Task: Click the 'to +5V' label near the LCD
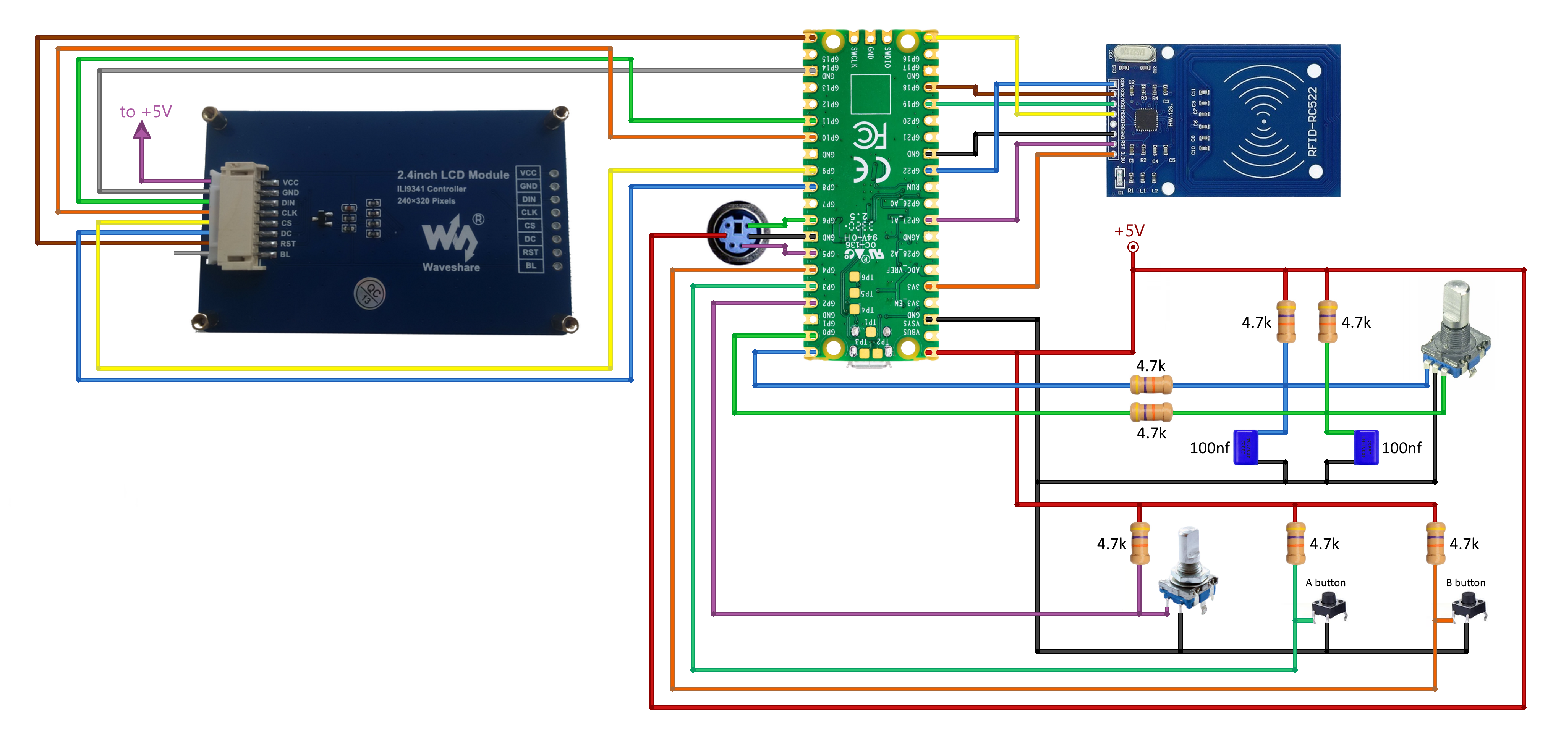[x=146, y=112]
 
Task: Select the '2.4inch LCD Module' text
[x=453, y=175]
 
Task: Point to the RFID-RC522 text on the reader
[x=1313, y=121]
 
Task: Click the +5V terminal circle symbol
[x=1133, y=247]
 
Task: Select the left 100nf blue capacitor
[x=1246, y=447]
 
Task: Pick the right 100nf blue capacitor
[x=1366, y=447]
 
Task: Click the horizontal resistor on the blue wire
[x=1151, y=385]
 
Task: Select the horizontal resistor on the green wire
[x=1151, y=412]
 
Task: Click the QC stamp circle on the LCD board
[x=370, y=294]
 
